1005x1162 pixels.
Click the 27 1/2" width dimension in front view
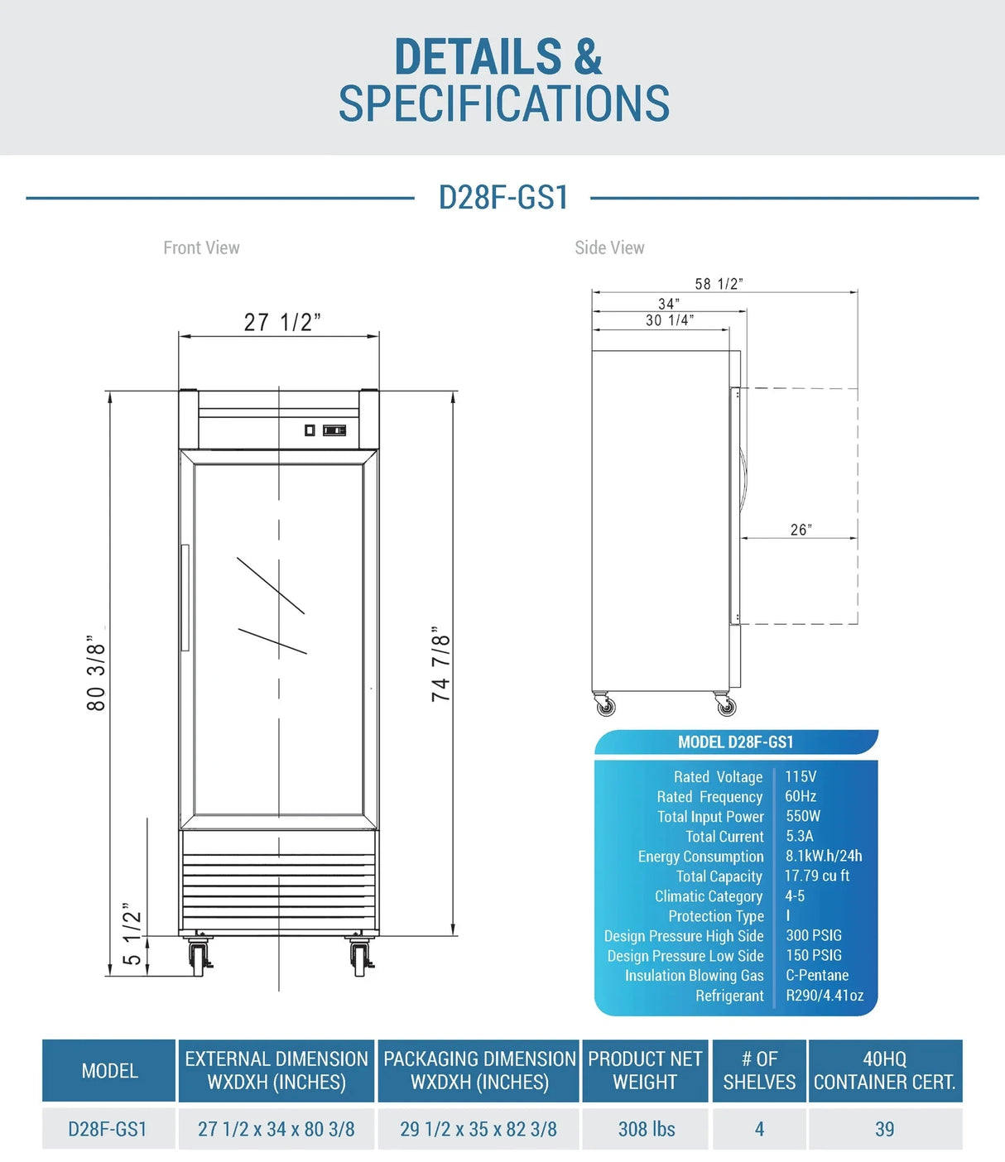pyautogui.click(x=281, y=322)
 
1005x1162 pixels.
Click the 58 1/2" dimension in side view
pyautogui.click(x=719, y=284)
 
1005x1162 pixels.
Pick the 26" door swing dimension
pyautogui.click(x=801, y=530)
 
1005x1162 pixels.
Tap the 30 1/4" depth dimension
pyautogui.click(x=669, y=320)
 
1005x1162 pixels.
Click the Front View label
pyautogui.click(x=201, y=247)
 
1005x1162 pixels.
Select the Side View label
pyautogui.click(x=609, y=247)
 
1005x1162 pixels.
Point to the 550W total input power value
pyautogui.click(x=803, y=816)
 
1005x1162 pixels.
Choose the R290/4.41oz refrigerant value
pyautogui.click(x=824, y=996)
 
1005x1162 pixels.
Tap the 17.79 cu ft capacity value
pyautogui.click(x=816, y=876)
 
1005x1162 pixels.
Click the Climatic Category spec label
pyautogui.click(x=708, y=896)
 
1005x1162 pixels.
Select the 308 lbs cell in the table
pyautogui.click(x=646, y=1129)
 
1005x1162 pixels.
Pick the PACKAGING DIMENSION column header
pyautogui.click(x=479, y=1070)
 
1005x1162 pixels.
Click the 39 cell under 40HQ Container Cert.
pyautogui.click(x=884, y=1129)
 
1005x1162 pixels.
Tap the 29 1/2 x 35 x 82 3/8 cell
pyautogui.click(x=478, y=1129)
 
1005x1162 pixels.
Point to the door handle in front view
pyautogui.click(x=185, y=598)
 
